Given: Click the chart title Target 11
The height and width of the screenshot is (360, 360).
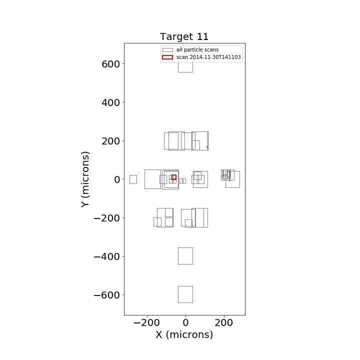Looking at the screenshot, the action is (184, 36).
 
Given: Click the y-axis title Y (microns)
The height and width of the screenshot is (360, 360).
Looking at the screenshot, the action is (85, 179).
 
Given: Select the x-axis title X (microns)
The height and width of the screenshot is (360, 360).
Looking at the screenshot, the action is (184, 334).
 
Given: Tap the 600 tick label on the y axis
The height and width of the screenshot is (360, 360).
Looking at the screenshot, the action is (110, 64).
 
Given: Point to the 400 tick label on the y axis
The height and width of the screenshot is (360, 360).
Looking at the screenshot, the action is (110, 102).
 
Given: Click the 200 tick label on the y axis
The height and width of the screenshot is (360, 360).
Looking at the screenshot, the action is (110, 141).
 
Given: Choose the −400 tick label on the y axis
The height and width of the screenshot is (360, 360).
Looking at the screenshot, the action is (107, 256).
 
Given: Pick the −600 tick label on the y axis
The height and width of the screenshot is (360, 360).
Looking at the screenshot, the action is (107, 295).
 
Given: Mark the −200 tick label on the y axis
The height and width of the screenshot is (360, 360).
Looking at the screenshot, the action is (107, 218).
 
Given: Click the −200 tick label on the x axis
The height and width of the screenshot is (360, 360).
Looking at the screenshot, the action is (146, 323).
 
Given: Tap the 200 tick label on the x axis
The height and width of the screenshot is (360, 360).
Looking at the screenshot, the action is (224, 323).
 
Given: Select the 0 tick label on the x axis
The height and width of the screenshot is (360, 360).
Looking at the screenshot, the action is (185, 323).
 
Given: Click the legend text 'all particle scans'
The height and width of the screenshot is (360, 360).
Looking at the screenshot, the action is (197, 49).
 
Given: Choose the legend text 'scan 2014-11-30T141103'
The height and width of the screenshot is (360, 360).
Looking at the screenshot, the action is (208, 57).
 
